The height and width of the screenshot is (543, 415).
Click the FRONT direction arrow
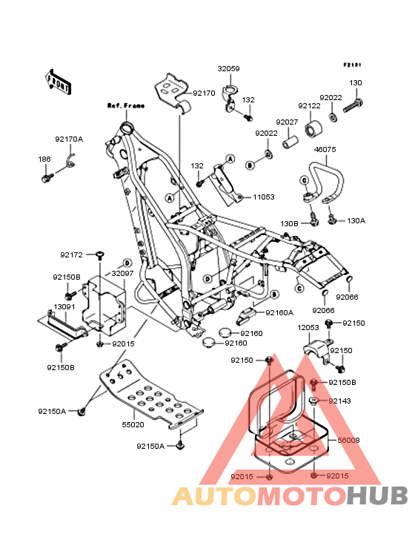(58, 82)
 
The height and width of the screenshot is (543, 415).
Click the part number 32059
(228, 68)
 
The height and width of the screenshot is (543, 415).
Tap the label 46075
(325, 150)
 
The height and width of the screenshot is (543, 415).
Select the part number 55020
(133, 424)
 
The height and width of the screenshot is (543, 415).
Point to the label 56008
(348, 440)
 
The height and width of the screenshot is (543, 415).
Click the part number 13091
(64, 307)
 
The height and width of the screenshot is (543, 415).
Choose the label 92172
(71, 255)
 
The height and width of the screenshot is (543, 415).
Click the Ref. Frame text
(126, 105)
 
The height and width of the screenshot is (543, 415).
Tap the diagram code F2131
(352, 65)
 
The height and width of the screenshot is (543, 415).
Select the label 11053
(264, 197)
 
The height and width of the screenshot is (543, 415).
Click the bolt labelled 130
(353, 105)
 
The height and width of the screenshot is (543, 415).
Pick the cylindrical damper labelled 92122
(313, 129)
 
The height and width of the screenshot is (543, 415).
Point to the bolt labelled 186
(47, 178)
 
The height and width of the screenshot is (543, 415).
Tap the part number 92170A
(69, 139)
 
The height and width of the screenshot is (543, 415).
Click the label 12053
(308, 328)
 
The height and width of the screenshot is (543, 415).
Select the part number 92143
(339, 401)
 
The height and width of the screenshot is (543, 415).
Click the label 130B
(289, 224)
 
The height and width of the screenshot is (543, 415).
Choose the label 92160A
(279, 313)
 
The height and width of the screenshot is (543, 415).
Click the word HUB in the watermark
(378, 496)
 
